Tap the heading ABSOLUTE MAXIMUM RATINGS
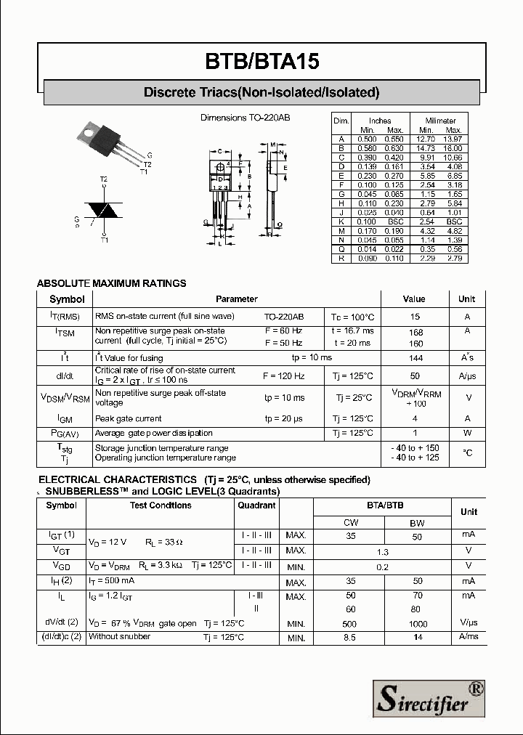tap(111, 283)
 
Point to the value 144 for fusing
tap(415, 358)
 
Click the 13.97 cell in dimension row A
tap(453, 139)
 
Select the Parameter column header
tap(236, 299)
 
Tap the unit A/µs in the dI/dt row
tap(466, 376)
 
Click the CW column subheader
tap(350, 523)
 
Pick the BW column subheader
tap(417, 523)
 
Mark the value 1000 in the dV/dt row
tap(417, 624)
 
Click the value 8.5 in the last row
tap(350, 638)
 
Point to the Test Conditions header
tap(160, 505)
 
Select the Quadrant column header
tap(256, 505)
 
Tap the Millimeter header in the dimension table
tap(440, 121)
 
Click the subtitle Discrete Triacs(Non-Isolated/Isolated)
tap(261, 92)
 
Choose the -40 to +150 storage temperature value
tap(415, 448)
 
